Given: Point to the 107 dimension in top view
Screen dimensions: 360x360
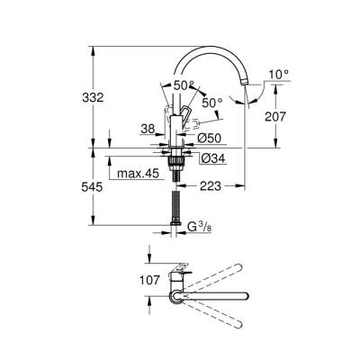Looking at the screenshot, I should tap(151, 279).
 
